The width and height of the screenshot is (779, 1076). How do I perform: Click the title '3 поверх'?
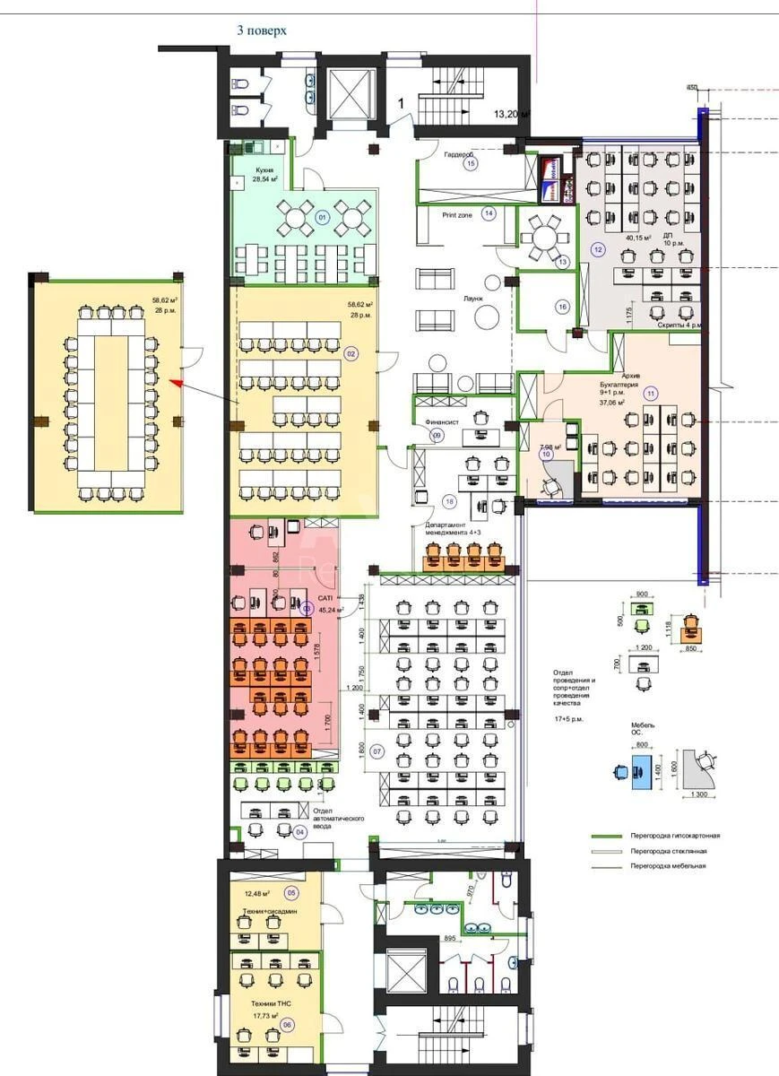(x=261, y=30)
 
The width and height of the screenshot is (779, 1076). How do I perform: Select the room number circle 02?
(x=351, y=353)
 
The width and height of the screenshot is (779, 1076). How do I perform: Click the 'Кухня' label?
(x=264, y=169)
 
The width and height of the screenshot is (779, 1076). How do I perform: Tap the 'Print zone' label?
(x=457, y=215)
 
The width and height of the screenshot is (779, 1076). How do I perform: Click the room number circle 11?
(x=650, y=392)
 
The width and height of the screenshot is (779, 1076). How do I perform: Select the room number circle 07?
(x=377, y=751)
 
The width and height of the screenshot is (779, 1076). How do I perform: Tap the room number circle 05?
(x=290, y=892)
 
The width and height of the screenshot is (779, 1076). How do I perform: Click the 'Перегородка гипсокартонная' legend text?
(x=674, y=836)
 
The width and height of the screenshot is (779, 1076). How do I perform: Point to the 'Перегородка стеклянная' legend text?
(x=668, y=851)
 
